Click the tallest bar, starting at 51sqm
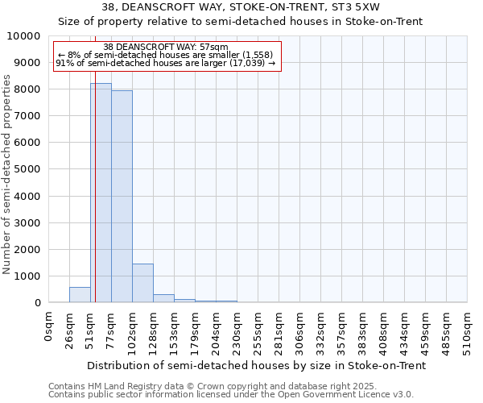101,193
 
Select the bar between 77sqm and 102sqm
122,197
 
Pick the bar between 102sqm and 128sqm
142,283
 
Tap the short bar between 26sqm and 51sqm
80,295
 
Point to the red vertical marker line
95,201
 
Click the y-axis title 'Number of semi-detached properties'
7,174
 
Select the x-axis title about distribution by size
256,365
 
